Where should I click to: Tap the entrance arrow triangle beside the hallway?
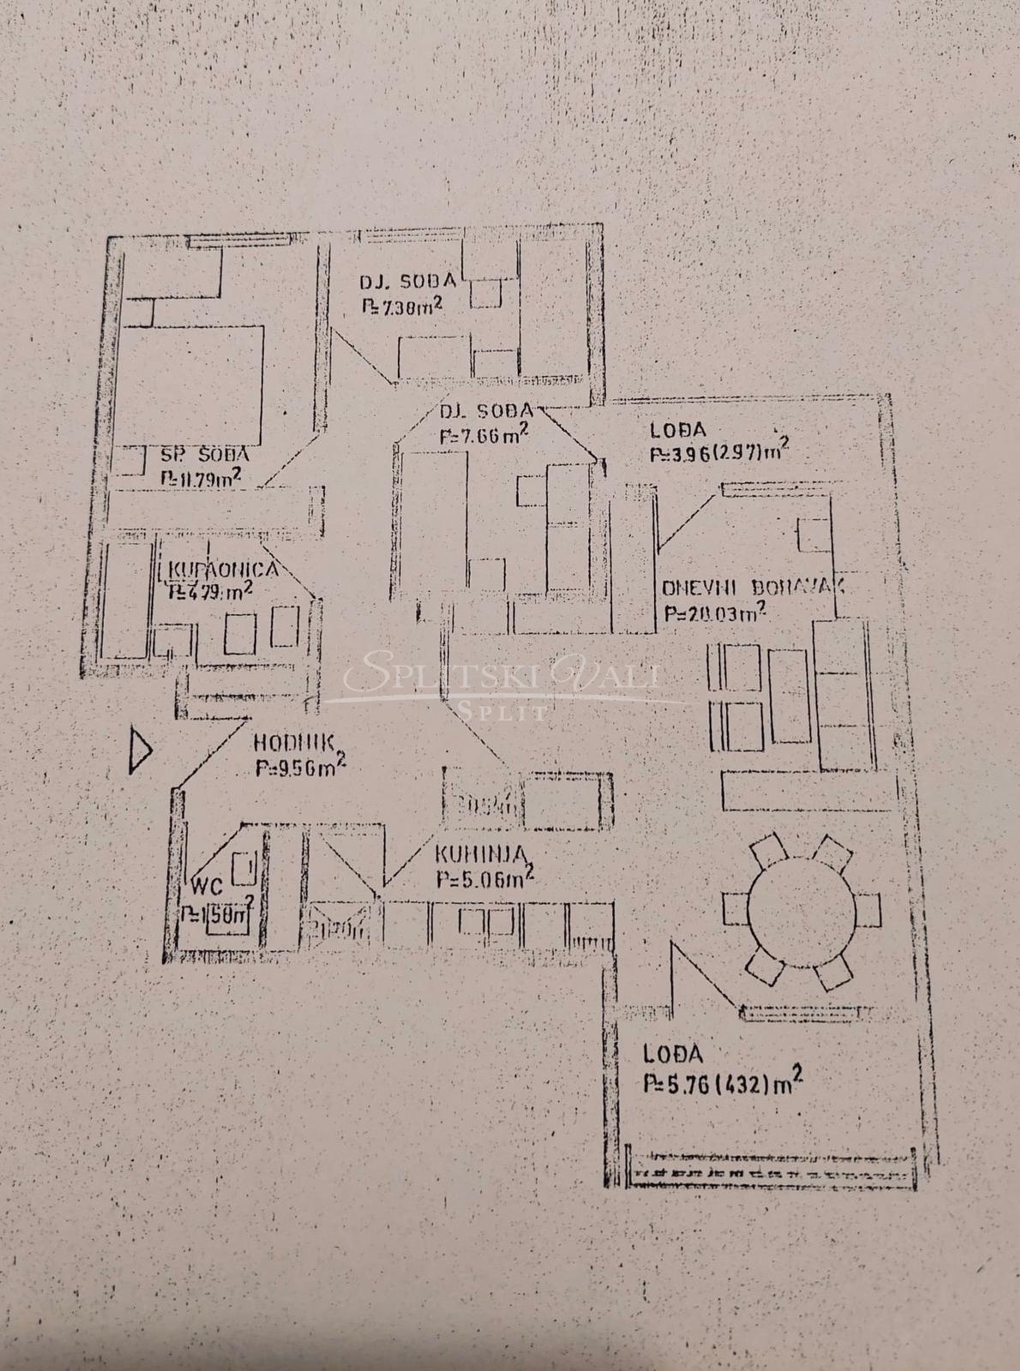click(x=140, y=751)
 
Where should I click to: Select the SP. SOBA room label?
click(x=206, y=455)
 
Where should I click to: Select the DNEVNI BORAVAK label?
click(x=753, y=588)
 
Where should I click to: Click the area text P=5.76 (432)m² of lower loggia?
click(x=723, y=1082)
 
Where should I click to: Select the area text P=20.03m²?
click(x=714, y=614)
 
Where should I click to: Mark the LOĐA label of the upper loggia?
click(x=678, y=431)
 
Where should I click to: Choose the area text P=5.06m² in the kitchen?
click(x=484, y=878)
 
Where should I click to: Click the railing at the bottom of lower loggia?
click(x=771, y=1170)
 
